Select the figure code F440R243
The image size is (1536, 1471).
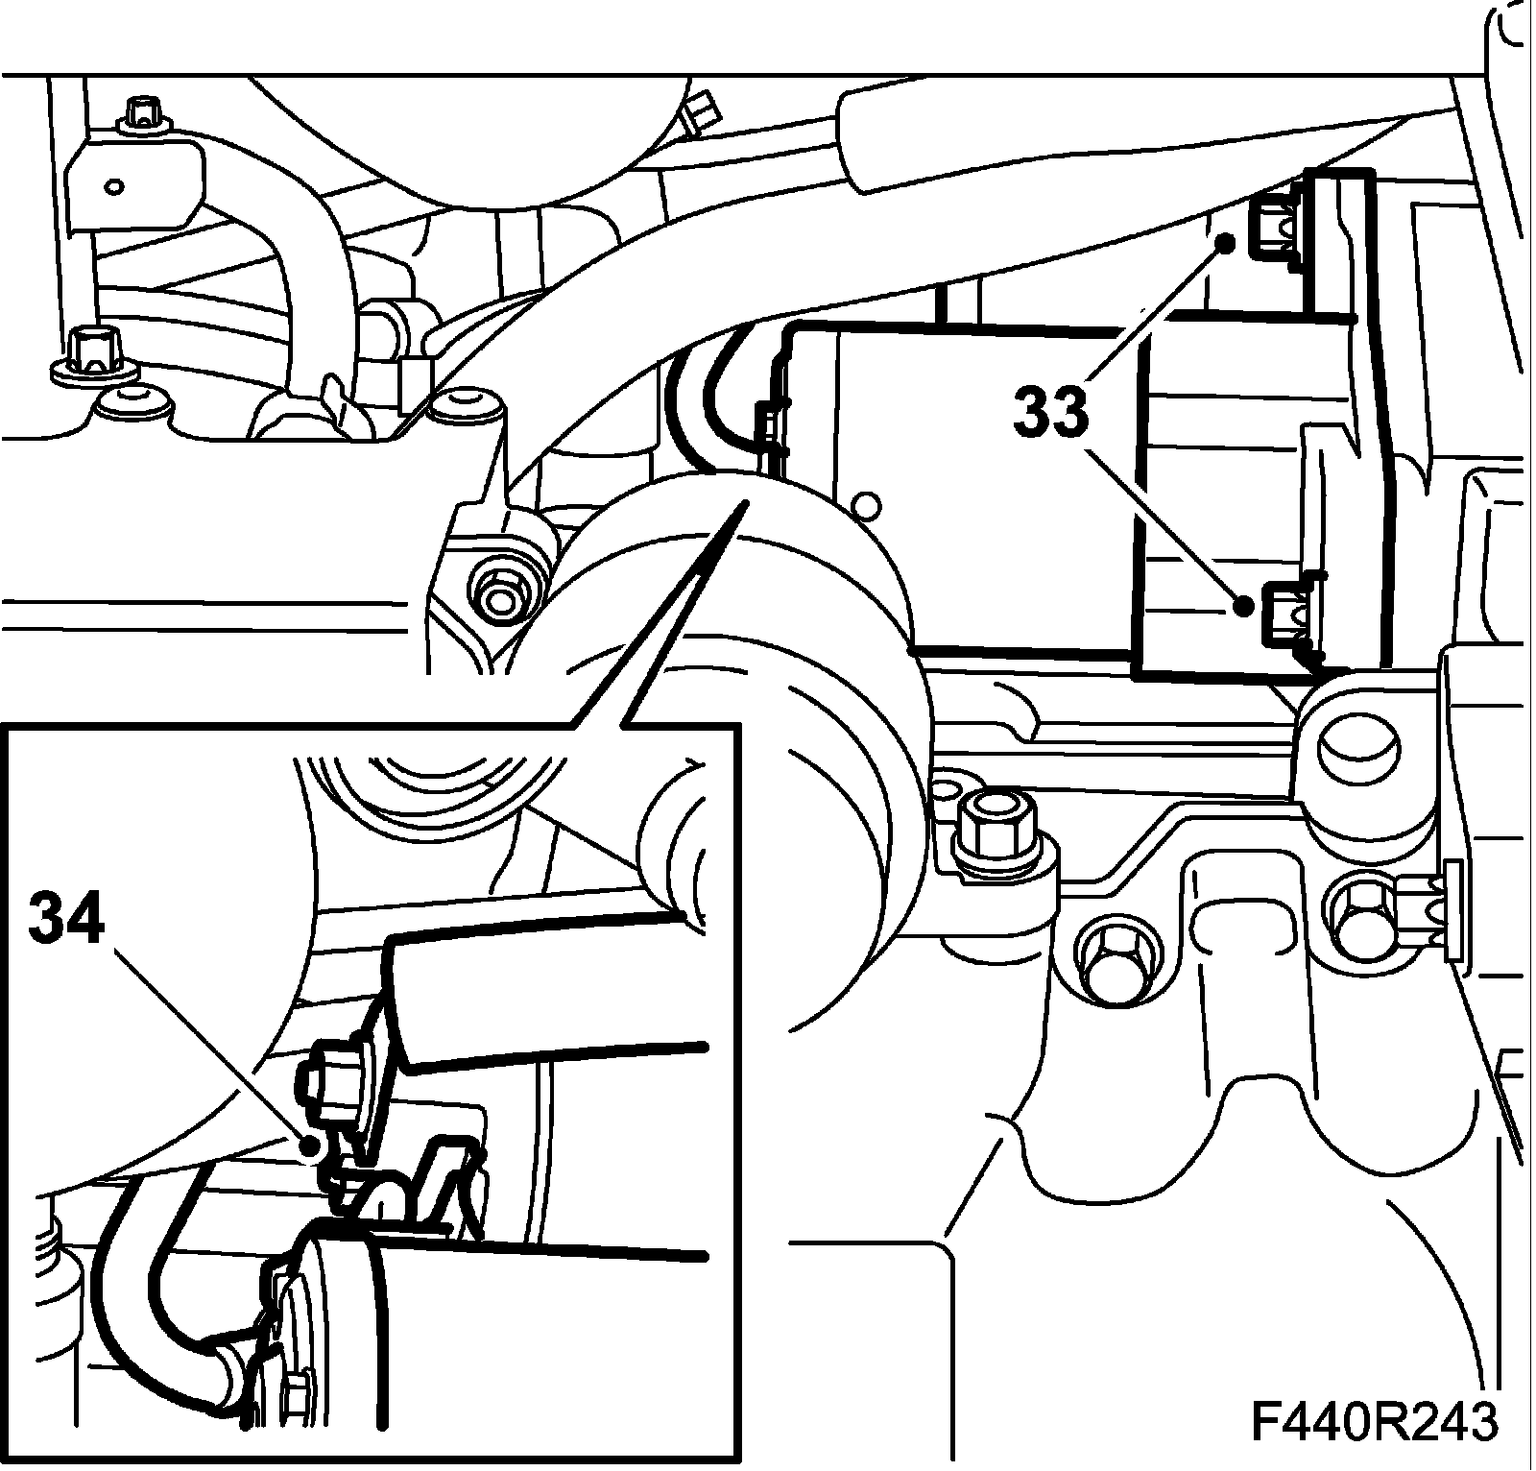(1374, 1423)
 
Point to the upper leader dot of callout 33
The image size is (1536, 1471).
(1227, 242)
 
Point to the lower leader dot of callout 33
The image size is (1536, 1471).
(1243, 606)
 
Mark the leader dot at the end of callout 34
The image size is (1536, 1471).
(310, 1145)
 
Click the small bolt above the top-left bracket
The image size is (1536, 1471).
(141, 112)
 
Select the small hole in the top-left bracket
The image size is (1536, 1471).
(115, 185)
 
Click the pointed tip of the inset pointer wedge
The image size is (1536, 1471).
(743, 502)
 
